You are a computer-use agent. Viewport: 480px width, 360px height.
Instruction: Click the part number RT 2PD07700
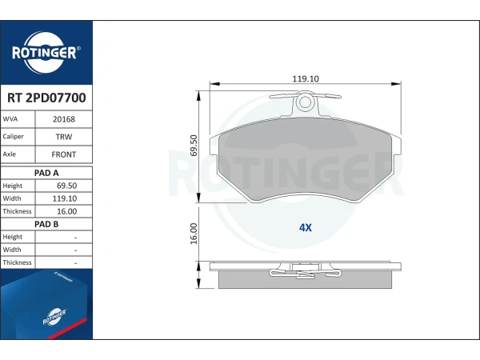pyautogui.click(x=46, y=98)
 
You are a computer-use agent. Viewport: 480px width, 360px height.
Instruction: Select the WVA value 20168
pyautogui.click(x=64, y=119)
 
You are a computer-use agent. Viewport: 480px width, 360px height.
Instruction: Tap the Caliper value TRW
pyautogui.click(x=64, y=137)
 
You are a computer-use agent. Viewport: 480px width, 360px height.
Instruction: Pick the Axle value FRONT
pyautogui.click(x=64, y=154)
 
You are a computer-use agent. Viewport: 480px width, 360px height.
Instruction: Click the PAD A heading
pyautogui.click(x=46, y=173)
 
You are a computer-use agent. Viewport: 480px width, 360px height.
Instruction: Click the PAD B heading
pyautogui.click(x=46, y=224)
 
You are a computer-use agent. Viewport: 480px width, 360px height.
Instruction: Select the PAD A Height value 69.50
pyautogui.click(x=66, y=186)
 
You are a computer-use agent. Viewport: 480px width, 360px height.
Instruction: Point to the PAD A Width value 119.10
pyautogui.click(x=65, y=198)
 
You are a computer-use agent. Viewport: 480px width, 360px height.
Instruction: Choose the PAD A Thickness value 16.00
pyautogui.click(x=66, y=211)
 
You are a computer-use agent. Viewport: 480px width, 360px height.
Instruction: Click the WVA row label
pyautogui.click(x=10, y=118)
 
